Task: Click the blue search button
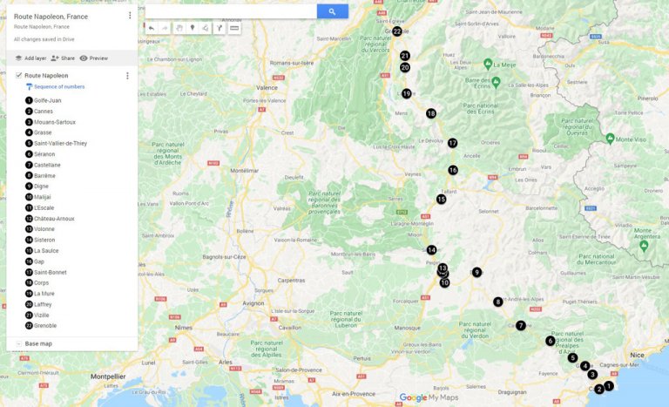332,11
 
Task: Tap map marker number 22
396,31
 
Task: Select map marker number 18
430,113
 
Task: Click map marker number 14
431,250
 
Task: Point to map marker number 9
476,273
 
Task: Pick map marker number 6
550,341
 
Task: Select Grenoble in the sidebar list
45,326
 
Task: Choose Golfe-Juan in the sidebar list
47,100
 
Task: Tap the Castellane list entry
47,165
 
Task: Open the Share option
63,58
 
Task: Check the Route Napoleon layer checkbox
19,76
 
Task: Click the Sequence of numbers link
59,87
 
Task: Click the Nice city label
637,355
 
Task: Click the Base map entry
38,343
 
